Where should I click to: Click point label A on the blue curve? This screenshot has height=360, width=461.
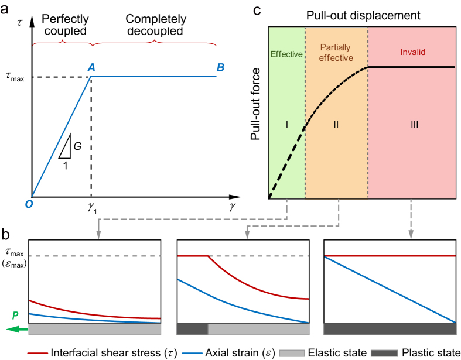(x=92, y=67)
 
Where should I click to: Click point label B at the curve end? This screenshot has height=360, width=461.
(x=220, y=67)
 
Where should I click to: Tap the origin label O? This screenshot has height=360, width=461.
(x=29, y=204)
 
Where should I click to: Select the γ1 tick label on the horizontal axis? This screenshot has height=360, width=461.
(x=92, y=208)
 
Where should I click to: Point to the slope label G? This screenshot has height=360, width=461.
(x=78, y=146)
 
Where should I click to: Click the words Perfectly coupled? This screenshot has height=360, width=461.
(x=65, y=25)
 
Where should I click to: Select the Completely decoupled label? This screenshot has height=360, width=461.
(x=156, y=25)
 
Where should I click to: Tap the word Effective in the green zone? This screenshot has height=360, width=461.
(x=286, y=54)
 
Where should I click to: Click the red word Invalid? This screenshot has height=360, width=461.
(x=413, y=52)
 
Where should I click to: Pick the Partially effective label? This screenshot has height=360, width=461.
(x=336, y=53)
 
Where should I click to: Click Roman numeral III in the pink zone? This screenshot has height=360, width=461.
(x=415, y=125)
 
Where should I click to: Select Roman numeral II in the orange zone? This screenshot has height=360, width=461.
(x=336, y=125)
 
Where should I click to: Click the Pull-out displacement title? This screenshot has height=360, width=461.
(x=363, y=15)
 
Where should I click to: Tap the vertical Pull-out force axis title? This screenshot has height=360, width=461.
(x=255, y=104)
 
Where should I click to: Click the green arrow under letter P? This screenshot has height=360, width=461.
(x=17, y=330)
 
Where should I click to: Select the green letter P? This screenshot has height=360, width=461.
(x=15, y=316)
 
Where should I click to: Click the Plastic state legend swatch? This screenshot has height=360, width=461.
(x=384, y=353)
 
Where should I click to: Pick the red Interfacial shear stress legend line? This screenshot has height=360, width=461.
(x=37, y=353)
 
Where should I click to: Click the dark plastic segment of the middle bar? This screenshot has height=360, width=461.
(x=192, y=329)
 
